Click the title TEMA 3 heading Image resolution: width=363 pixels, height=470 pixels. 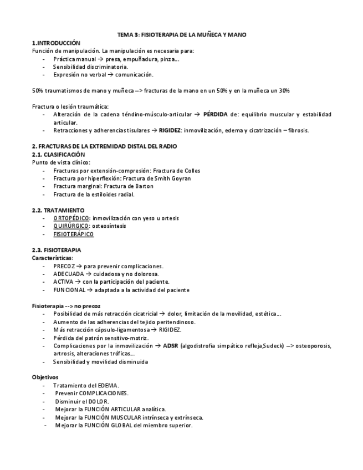coord(182,35)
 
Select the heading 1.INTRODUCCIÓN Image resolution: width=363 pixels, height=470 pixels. coord(56,43)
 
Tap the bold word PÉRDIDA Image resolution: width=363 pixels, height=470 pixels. coord(216,115)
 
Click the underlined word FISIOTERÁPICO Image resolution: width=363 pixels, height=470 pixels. coord(74,234)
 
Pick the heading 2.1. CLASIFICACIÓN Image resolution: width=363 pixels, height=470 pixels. coord(58,154)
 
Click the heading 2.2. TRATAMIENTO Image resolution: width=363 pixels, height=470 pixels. coord(58,211)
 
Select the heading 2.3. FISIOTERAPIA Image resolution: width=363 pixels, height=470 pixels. coord(57,251)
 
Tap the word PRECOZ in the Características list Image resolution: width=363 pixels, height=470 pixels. coord(64,266)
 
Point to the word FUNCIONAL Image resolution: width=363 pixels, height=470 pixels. coord(69,290)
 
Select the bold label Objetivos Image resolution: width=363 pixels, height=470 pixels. coord(45,377)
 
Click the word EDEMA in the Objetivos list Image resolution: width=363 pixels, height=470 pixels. coord(109,386)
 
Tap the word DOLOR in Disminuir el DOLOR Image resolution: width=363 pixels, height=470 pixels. coord(100,401)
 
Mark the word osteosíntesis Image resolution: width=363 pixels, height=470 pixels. coord(110,226)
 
